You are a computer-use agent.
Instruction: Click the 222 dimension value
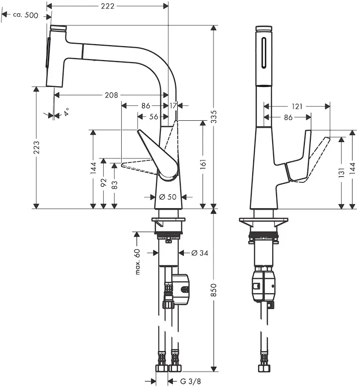click(108, 6)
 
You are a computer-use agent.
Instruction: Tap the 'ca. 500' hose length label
click(26, 15)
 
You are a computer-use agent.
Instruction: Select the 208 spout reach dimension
click(111, 95)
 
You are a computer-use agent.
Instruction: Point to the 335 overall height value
click(214, 116)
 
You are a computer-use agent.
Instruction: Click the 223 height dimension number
click(36, 148)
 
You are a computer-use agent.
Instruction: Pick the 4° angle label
click(66, 112)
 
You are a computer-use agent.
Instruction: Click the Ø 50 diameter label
click(168, 197)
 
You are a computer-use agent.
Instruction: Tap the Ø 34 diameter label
click(200, 253)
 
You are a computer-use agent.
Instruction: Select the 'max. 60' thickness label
click(137, 262)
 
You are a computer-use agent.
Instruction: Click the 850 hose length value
click(214, 290)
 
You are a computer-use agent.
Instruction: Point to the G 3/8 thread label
click(191, 381)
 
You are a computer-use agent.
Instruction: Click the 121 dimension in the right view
click(297, 106)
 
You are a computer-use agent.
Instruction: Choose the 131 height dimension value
click(341, 172)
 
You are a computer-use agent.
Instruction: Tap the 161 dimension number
click(203, 164)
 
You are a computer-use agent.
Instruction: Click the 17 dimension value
click(173, 106)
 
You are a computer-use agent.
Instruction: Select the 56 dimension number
click(153, 116)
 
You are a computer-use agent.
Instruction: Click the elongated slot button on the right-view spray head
click(264, 53)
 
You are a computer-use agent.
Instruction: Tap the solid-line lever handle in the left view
click(158, 155)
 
